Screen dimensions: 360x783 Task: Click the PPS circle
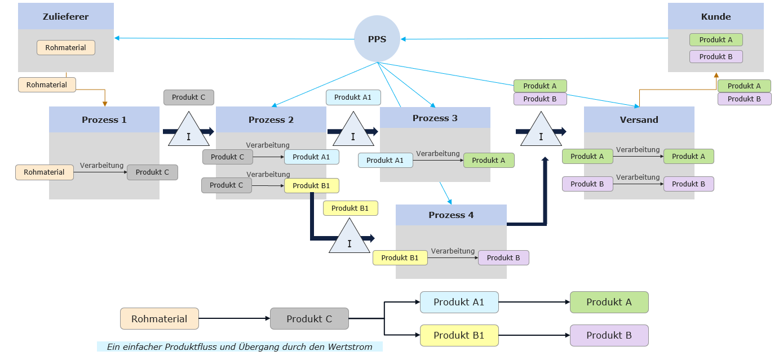pos(377,39)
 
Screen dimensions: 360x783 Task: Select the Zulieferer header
pos(66,16)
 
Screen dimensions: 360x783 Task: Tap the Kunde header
pos(715,16)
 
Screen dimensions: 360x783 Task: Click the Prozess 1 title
pos(104,119)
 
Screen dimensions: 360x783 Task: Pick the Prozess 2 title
pos(271,119)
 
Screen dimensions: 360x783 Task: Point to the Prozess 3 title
pos(435,118)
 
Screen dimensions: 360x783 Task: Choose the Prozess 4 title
pos(451,215)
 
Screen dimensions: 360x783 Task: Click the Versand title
pos(639,119)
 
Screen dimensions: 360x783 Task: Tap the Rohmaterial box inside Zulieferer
pos(66,48)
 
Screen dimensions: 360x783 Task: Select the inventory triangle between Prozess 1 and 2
pos(188,131)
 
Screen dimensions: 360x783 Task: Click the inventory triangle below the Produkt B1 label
pos(350,238)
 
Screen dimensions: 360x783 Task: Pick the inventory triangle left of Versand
pos(541,131)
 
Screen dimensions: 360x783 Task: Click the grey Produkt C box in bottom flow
pos(309,319)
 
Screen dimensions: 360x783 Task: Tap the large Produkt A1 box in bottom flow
pos(459,302)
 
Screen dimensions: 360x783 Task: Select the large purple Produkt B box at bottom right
pos(609,335)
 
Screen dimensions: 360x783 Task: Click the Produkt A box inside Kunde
pos(715,40)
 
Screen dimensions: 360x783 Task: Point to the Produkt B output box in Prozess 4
pos(503,257)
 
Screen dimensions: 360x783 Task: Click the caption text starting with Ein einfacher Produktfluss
pos(240,347)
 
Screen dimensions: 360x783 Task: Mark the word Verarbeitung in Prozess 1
pos(101,166)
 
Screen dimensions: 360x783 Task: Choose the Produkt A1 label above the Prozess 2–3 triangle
pos(353,97)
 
